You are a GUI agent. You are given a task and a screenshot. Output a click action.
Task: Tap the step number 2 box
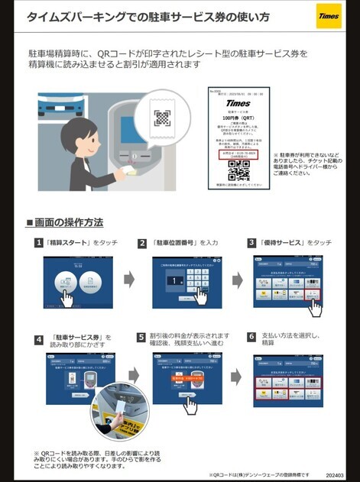click(x=142, y=243)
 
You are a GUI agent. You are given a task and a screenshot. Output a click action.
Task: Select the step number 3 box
click(x=251, y=243)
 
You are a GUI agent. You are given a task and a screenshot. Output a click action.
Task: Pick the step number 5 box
click(x=142, y=337)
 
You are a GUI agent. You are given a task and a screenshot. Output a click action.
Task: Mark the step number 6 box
click(x=251, y=337)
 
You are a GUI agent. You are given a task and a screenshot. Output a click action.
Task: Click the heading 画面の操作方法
click(x=64, y=222)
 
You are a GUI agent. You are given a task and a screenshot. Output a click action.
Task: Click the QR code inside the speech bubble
click(x=162, y=118)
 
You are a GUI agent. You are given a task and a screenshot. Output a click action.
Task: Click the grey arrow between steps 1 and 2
click(x=128, y=279)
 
